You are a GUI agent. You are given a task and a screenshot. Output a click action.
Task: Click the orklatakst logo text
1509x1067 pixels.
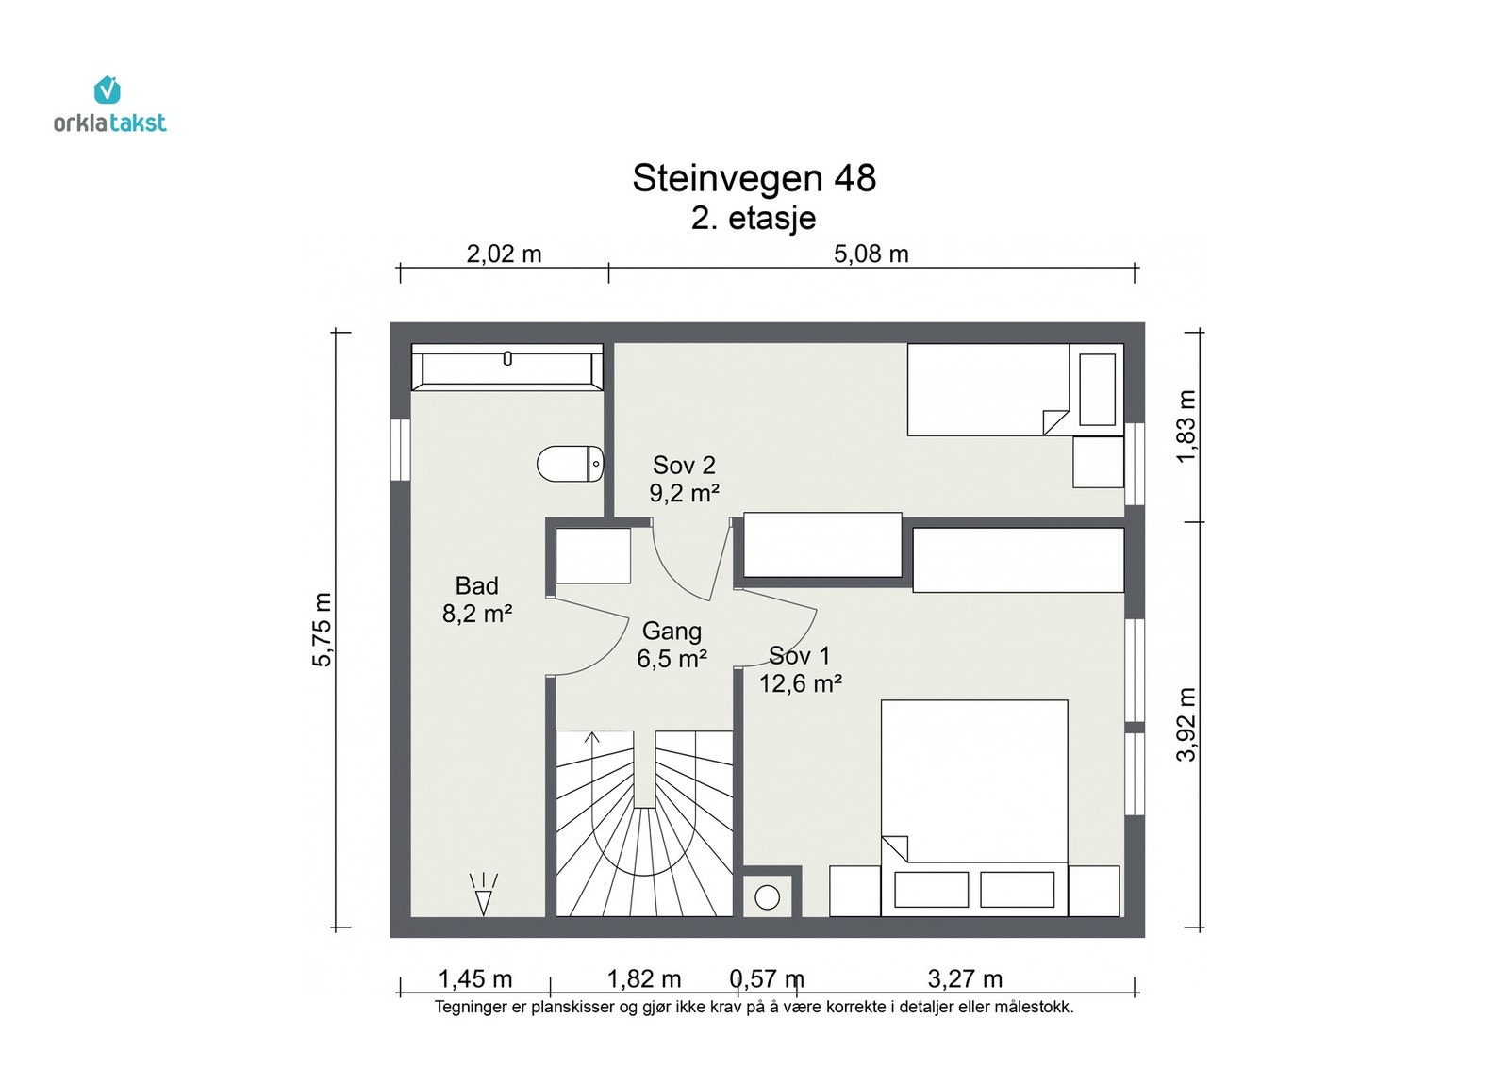109,123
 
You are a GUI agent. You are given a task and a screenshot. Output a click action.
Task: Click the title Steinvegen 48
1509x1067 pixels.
754,178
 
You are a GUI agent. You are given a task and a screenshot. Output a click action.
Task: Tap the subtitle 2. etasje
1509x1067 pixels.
754,218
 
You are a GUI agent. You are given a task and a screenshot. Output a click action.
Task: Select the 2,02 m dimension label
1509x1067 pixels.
504,254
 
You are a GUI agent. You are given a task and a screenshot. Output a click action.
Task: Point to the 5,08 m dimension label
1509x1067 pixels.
871,254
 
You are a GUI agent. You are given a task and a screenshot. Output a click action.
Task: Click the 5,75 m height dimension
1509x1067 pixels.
323,630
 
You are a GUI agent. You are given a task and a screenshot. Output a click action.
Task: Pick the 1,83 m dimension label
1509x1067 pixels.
1186,426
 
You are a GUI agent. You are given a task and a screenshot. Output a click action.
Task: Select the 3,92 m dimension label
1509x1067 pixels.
1186,724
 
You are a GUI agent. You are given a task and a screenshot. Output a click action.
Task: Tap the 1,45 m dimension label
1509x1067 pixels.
475,978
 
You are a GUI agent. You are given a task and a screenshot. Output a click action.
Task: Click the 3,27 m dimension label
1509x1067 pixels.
965,978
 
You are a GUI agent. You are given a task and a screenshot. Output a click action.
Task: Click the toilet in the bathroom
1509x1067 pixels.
571,464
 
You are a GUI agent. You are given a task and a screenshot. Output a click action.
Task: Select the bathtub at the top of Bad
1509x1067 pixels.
507,367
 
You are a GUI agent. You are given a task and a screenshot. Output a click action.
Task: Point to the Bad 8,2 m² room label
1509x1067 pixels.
477,599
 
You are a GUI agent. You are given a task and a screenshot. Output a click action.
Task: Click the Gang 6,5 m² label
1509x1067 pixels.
672,645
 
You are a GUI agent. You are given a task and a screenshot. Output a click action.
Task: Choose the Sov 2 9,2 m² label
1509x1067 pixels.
685,479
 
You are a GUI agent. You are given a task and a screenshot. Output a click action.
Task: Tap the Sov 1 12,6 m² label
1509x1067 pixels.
800,669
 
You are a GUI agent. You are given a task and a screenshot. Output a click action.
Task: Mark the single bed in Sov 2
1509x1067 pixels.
988,389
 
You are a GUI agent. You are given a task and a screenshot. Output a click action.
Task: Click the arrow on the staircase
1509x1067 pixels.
592,738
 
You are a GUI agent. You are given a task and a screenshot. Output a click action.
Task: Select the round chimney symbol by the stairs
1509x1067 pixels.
768,897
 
